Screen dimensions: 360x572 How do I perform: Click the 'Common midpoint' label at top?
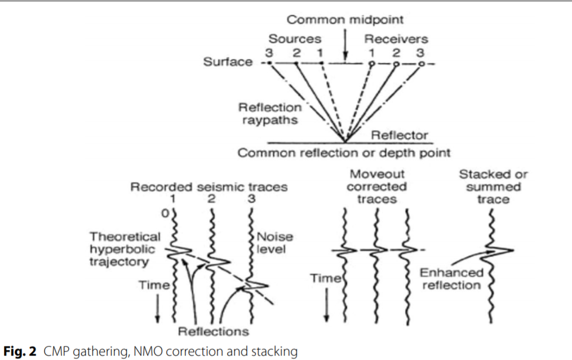point(345,20)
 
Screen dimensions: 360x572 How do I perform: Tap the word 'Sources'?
point(295,39)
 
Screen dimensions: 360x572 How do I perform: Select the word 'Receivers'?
point(396,39)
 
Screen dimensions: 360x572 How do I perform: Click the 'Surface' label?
point(228,62)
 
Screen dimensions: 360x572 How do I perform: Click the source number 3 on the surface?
point(269,52)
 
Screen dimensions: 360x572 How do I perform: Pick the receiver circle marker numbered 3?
point(421,64)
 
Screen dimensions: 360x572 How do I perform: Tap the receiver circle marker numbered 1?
point(371,64)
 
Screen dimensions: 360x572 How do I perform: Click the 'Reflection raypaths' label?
point(270,113)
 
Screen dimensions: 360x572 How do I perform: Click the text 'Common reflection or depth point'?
point(344,153)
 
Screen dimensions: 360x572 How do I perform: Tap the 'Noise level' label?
point(274,243)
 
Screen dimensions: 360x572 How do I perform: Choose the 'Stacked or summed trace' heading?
point(493,186)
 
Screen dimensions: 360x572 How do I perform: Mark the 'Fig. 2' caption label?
point(20,352)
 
